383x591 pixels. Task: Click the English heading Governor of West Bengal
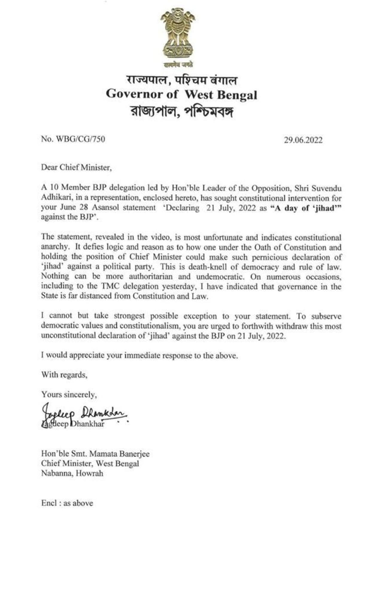click(181, 95)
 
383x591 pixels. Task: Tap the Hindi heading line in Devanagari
click(182, 80)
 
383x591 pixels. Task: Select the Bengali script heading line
click(182, 112)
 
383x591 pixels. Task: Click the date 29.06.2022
click(303, 140)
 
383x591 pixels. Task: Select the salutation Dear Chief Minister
click(76, 167)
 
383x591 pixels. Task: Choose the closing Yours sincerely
click(69, 395)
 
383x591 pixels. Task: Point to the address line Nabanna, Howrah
click(72, 473)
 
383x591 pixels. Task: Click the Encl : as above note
click(67, 503)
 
